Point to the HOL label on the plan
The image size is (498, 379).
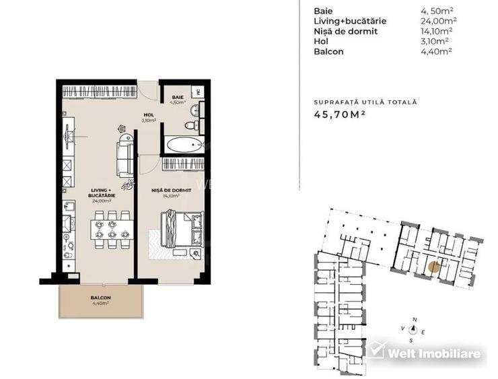click(x=149, y=115)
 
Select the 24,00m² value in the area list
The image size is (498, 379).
click(x=436, y=21)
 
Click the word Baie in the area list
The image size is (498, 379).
click(x=323, y=11)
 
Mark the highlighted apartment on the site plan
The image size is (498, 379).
click(x=435, y=267)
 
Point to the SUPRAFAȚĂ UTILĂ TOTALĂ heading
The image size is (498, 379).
click(x=365, y=102)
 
